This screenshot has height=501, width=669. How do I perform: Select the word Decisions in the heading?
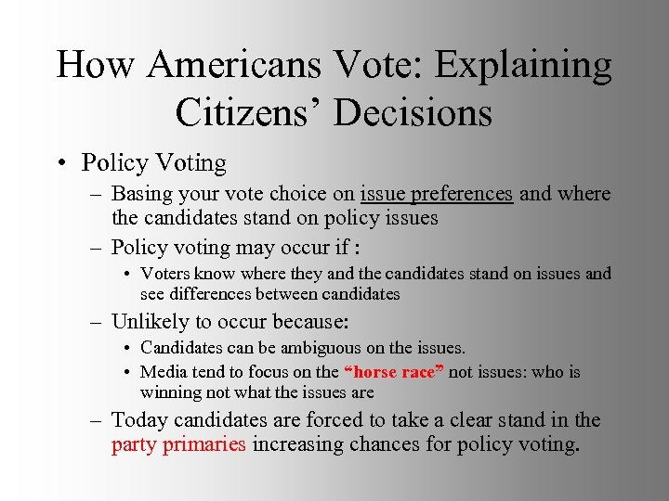(413, 113)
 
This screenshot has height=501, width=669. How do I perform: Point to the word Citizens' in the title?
(247, 113)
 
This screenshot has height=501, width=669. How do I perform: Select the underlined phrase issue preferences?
(437, 195)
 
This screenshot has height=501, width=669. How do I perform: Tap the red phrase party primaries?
(178, 444)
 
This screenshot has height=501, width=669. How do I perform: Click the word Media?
(163, 372)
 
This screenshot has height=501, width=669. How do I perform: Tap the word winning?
(171, 392)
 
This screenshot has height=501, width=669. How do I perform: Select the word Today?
(138, 420)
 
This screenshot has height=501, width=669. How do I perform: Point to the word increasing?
(295, 444)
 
